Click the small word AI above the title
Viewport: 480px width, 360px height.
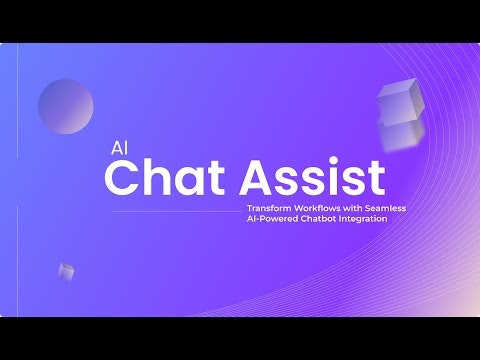click(x=120, y=144)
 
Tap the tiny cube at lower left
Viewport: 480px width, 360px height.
click(x=66, y=270)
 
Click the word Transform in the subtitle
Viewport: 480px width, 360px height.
click(x=267, y=207)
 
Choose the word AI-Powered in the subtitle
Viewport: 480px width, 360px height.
click(x=271, y=218)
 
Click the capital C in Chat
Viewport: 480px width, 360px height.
click(x=125, y=178)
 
